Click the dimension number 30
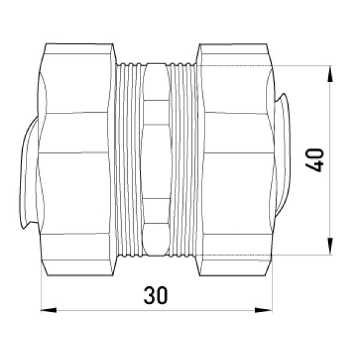pos(155,295)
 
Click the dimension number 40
pos(314,160)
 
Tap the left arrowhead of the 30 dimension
pos(49,310)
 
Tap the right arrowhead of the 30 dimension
pos(263,310)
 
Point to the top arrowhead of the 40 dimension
pos(330,74)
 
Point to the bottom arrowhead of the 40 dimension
pos(330,247)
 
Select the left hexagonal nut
pos(76,160)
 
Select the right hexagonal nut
pos(235,160)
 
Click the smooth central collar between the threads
pos(156,160)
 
